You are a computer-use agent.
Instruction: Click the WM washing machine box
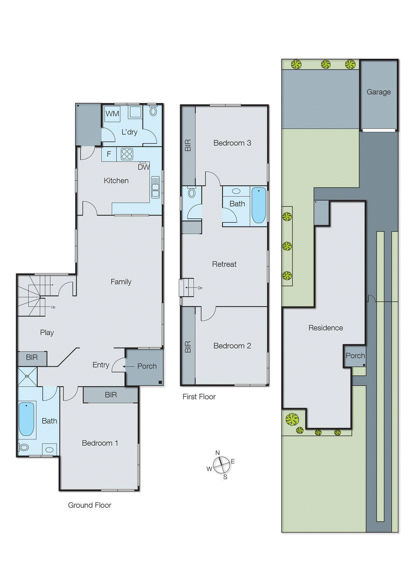point(112,114)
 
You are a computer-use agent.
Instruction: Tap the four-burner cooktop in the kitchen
point(127,154)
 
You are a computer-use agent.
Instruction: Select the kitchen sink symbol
point(155,187)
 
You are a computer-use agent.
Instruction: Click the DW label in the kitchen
point(144,167)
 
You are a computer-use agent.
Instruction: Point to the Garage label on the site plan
point(378,92)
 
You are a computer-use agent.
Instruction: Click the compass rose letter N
point(218,453)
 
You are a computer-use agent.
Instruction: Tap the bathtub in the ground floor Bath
point(27,419)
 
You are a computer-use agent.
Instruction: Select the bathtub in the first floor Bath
point(259,205)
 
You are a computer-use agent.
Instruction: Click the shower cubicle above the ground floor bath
point(27,376)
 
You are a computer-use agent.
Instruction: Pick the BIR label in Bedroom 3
point(188,145)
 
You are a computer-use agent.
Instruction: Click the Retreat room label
point(224,264)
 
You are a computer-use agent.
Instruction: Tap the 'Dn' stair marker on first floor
point(200,288)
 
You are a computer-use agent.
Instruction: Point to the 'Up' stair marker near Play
point(53,307)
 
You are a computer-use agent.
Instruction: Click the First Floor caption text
point(199,397)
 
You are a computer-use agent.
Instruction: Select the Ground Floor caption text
point(90,505)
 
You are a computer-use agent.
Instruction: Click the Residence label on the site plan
point(326,328)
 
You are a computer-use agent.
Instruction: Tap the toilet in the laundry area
point(153,111)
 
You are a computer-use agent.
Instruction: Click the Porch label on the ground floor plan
point(147,366)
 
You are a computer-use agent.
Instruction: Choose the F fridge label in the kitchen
point(109,154)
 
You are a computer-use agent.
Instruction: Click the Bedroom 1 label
point(100,443)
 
